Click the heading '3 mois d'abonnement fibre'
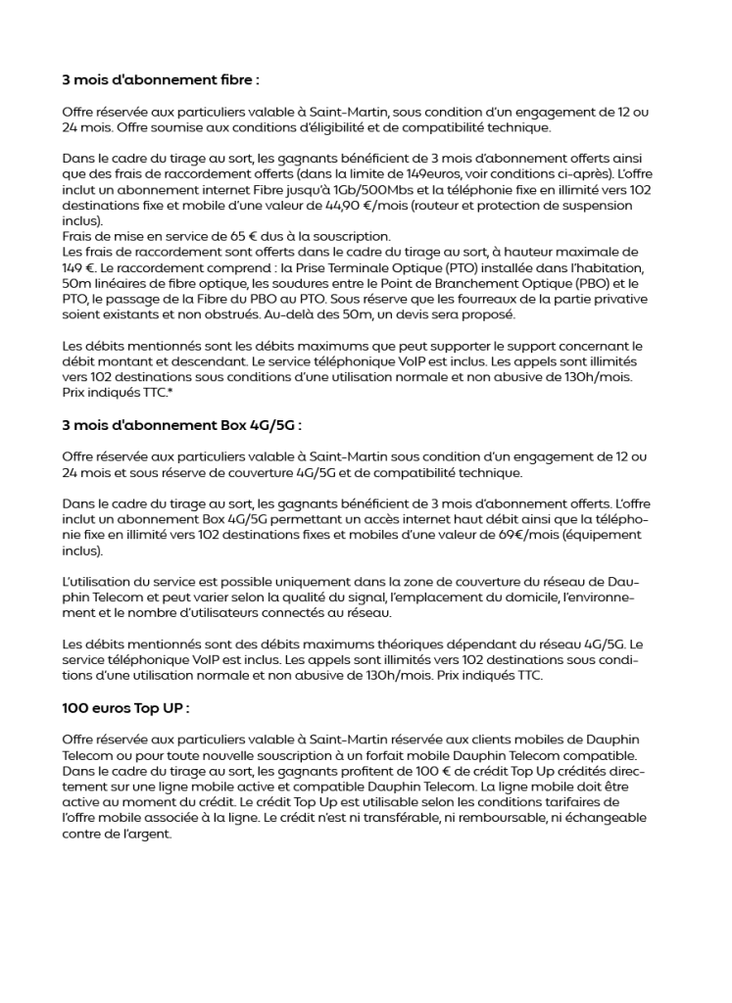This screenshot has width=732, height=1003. [161, 79]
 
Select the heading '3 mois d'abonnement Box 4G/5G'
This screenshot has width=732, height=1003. [181, 426]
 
